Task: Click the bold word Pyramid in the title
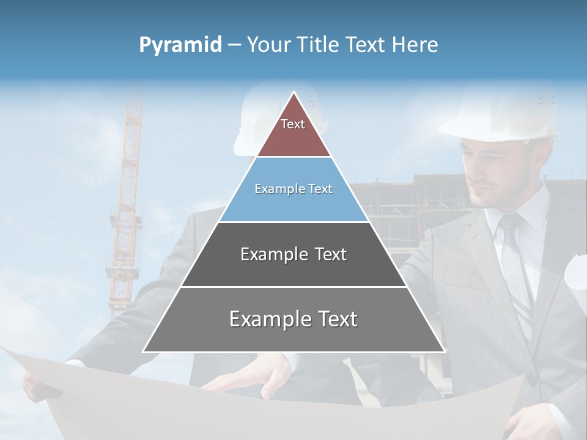point(180,45)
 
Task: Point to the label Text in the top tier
point(293,124)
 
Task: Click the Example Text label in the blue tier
point(293,189)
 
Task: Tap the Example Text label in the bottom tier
point(293,319)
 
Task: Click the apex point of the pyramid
point(294,94)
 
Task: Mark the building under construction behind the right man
point(416,202)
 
